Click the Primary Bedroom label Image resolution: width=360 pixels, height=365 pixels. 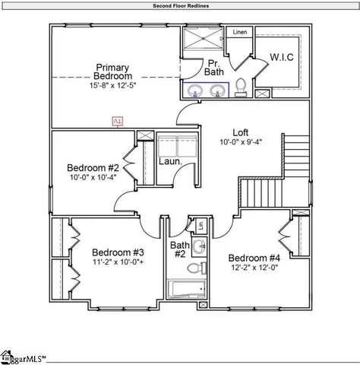coord(112,71)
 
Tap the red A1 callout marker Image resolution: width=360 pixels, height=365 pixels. coord(117,121)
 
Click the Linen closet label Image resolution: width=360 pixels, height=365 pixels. coord(240,33)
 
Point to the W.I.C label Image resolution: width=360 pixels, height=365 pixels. coord(282,57)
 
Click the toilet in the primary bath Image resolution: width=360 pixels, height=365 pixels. coord(241,87)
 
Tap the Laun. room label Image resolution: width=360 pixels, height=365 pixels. coord(169,161)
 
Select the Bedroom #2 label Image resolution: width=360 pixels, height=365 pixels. coord(93,168)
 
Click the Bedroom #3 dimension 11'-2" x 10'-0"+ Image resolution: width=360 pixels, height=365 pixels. coord(118,262)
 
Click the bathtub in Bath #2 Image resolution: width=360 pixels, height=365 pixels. coord(186,290)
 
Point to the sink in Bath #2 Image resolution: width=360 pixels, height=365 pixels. coord(199,246)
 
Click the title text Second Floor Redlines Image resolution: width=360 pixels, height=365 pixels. coord(180,5)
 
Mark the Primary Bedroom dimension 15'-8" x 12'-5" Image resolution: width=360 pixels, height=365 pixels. coord(113,85)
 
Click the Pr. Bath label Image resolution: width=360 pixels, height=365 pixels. coord(216,68)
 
